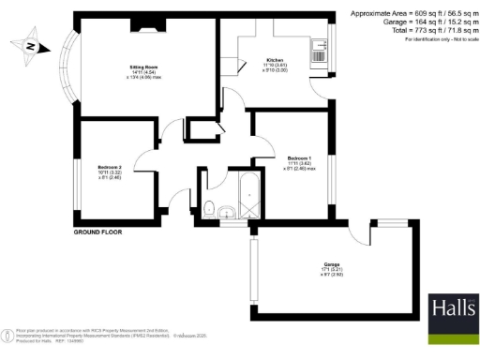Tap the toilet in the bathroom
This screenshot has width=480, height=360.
[x=211, y=208]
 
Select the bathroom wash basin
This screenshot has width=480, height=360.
[x=227, y=217]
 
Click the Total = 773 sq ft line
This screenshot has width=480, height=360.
[x=413, y=31]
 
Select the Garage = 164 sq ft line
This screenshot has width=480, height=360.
[x=413, y=22]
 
